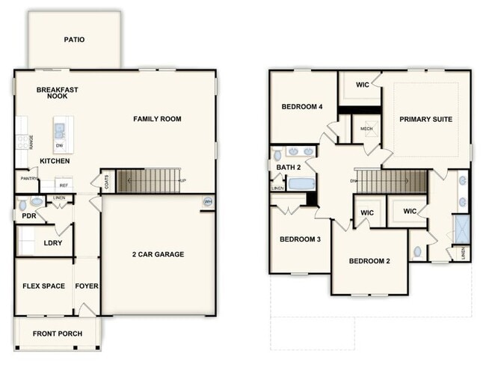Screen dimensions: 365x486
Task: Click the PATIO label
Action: (x=74, y=40)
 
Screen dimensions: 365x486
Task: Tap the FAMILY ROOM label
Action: (x=157, y=119)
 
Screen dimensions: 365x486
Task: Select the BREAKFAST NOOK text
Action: (x=58, y=93)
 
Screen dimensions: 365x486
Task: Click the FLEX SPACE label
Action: (x=43, y=286)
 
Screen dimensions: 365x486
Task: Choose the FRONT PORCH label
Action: (x=58, y=334)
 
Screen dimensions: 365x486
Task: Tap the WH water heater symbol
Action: (x=209, y=202)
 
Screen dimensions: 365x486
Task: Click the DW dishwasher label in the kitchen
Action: (x=59, y=145)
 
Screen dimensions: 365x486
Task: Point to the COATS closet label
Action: (x=108, y=182)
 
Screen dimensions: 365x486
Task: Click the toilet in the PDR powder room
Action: (x=22, y=203)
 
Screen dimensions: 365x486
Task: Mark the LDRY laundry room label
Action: (x=52, y=243)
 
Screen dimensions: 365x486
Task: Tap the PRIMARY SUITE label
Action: (x=425, y=119)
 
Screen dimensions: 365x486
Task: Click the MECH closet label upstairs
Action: (x=366, y=129)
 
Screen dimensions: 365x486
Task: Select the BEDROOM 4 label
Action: (x=301, y=107)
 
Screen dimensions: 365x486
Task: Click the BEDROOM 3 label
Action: (x=300, y=239)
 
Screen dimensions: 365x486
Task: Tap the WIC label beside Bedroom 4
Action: (x=363, y=85)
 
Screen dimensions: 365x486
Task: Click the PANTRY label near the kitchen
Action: (x=29, y=179)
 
